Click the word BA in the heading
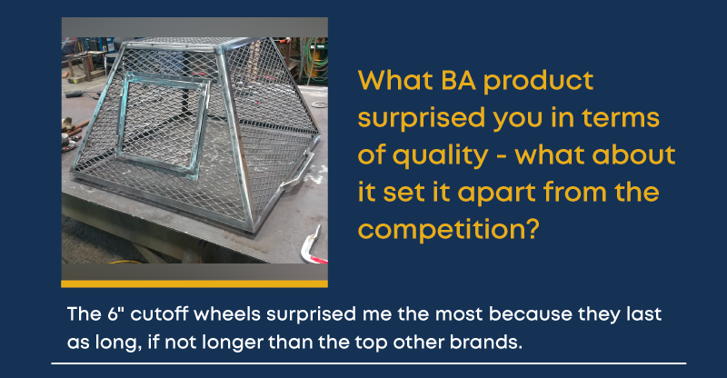point(458,81)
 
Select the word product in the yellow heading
point(538,83)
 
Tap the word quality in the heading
point(440,157)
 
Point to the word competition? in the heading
point(449,231)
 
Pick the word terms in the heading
point(621,118)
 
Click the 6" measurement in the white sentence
point(117,314)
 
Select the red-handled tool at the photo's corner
point(312,246)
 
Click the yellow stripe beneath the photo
point(194,283)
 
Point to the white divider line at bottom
point(369,363)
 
